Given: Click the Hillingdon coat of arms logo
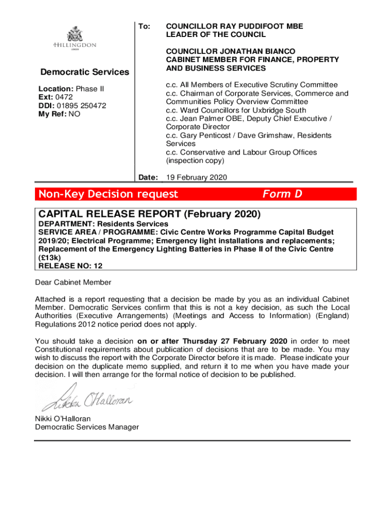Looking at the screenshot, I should coord(74,36).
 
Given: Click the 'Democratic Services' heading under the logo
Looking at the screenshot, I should coord(84,72).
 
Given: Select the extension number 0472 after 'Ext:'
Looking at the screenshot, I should coord(64,97).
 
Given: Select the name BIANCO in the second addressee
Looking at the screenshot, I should coord(277,51).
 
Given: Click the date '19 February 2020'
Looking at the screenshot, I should coord(196,177).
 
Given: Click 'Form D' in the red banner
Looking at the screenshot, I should coord(282,194).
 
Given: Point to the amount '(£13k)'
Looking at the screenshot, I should coord(50,257).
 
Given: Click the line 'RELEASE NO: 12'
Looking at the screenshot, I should coord(70,266).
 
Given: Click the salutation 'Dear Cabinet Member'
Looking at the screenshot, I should coord(73,282).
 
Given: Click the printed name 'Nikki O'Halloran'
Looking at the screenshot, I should coord(63,418).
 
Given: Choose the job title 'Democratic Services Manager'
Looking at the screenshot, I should coord(86,426).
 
